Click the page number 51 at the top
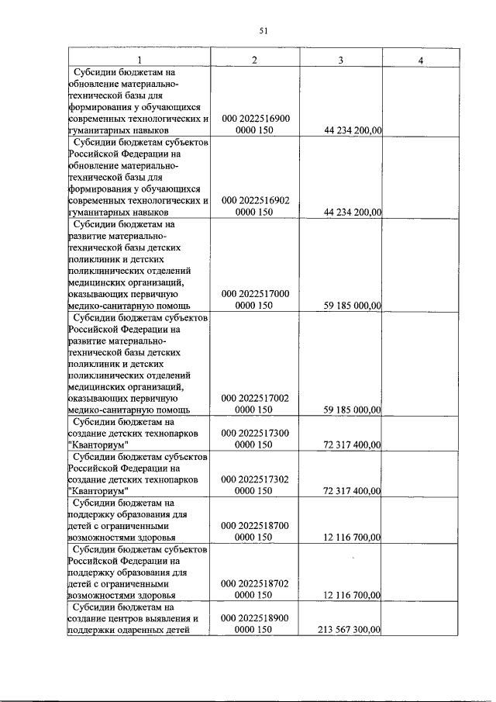tap(263, 30)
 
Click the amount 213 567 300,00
tap(350, 630)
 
